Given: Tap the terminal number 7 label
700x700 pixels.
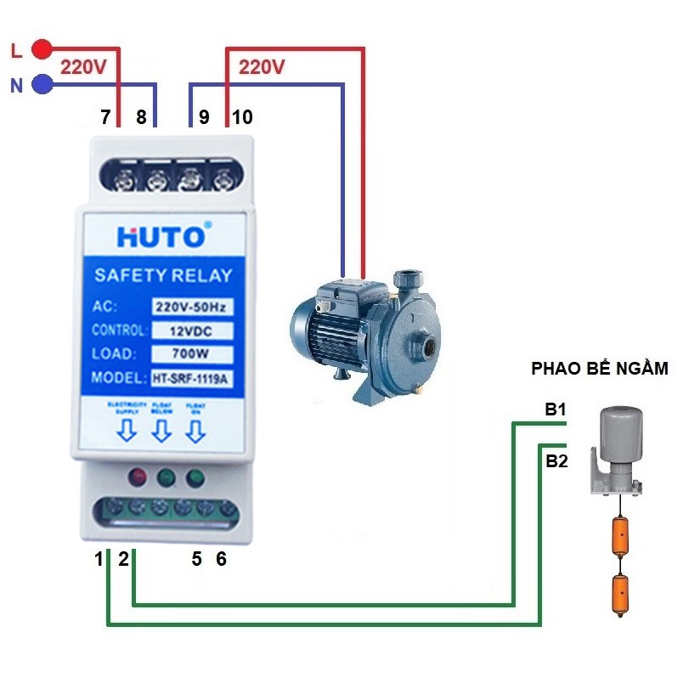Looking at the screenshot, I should point(105,117).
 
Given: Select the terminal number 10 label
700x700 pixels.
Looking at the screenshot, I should point(242,117).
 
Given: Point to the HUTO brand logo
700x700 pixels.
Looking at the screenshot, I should point(161,236).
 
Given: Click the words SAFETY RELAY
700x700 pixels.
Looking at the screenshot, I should point(163,275).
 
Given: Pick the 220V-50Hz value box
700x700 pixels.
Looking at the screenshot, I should point(193,306).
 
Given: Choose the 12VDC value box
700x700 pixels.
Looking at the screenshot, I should point(193,330).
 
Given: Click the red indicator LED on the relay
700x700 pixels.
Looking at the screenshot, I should point(136,477).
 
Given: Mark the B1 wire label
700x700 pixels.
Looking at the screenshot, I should point(556,410).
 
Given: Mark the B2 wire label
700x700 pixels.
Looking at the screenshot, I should point(556,461).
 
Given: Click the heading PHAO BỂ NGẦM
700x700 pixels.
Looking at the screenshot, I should point(600,369).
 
